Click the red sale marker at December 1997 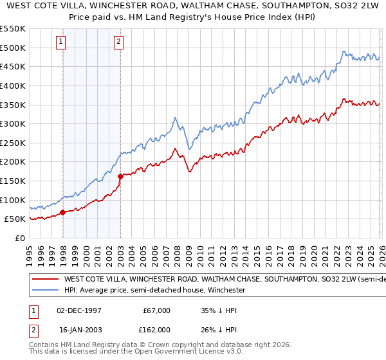(x=62, y=212)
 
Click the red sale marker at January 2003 (x=120, y=175)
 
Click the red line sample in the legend (x=44, y=280)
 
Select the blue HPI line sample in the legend (x=44, y=291)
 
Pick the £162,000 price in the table (x=157, y=329)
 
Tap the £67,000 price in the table (x=157, y=310)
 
